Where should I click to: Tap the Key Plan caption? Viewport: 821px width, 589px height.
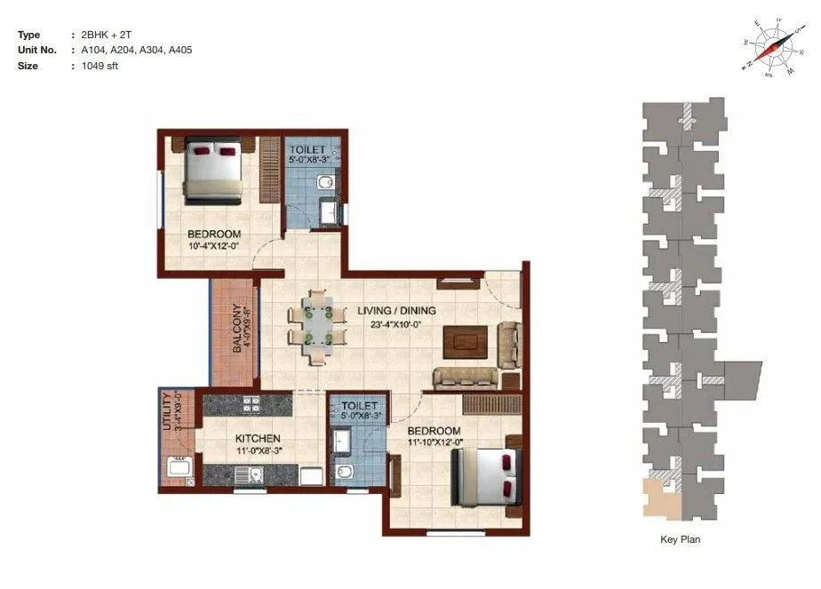(x=682, y=539)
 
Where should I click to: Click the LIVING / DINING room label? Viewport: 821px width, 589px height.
(x=396, y=311)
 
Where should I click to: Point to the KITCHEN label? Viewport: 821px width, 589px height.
(x=258, y=439)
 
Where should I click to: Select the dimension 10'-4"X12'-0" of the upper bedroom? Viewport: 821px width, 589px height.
(x=214, y=247)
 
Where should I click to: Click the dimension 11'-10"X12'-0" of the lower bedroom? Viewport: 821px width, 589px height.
(x=434, y=442)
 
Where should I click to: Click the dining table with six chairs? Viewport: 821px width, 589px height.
(x=317, y=323)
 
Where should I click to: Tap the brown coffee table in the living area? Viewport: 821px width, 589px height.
(x=466, y=340)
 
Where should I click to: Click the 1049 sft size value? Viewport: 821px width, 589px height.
(x=99, y=65)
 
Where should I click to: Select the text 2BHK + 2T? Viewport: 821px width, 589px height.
(x=106, y=35)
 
